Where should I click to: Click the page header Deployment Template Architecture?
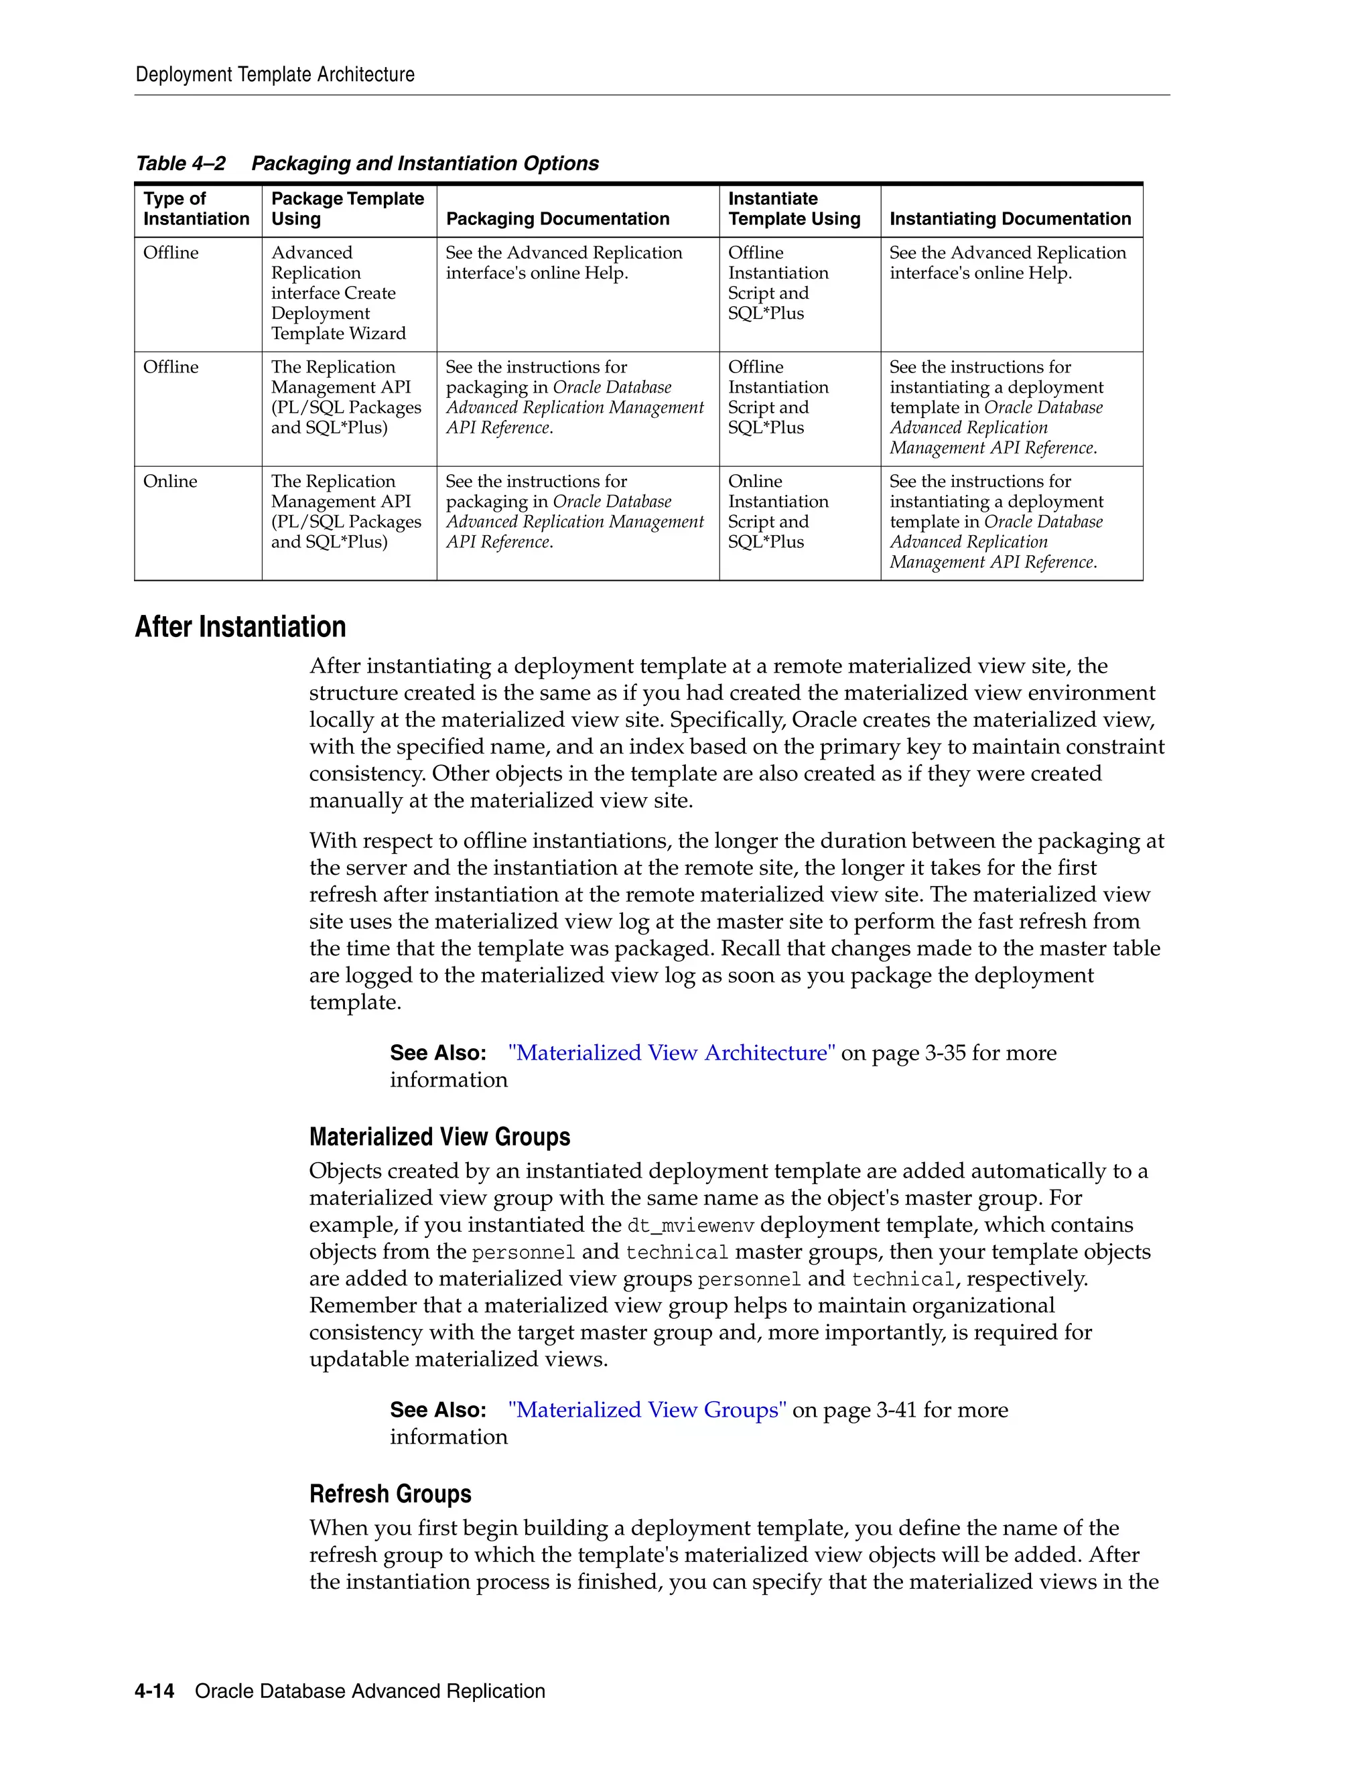tap(275, 75)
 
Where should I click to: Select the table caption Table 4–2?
tap(180, 163)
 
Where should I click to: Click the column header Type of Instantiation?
tap(196, 209)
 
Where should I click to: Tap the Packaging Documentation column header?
tap(557, 218)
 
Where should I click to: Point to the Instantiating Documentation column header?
tap(1010, 218)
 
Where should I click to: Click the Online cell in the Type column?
tap(170, 481)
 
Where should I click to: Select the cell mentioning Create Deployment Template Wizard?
tap(339, 293)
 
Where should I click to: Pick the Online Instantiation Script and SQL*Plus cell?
tap(778, 511)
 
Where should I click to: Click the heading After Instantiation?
tap(240, 627)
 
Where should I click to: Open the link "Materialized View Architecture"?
tap(671, 1052)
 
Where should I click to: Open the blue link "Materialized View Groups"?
tap(647, 1409)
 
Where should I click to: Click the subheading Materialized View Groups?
tap(439, 1136)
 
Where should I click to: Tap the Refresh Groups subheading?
tap(390, 1493)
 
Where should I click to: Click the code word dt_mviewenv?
tap(691, 1225)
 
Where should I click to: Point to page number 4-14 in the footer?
tap(155, 1691)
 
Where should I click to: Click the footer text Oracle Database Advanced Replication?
tap(370, 1691)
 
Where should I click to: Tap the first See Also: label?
tap(438, 1052)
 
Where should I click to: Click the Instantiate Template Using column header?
tap(793, 209)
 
